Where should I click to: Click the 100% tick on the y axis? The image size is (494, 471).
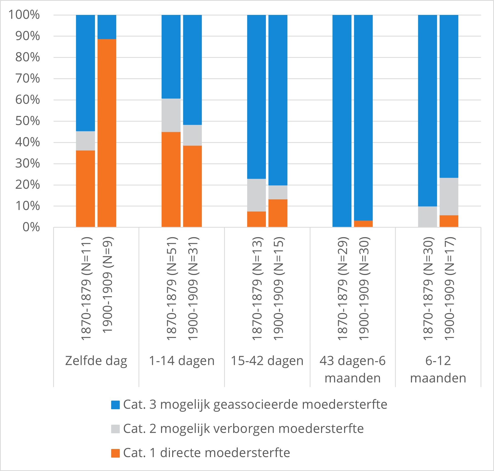pyautogui.click(x=24, y=15)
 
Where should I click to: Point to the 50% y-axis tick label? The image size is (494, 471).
pyautogui.click(x=28, y=121)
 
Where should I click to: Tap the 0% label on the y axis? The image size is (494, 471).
pyautogui.click(x=31, y=227)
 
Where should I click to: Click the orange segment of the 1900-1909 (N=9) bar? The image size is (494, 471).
pyautogui.click(x=107, y=133)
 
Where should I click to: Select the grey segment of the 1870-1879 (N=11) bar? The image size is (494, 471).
pyautogui.click(x=85, y=141)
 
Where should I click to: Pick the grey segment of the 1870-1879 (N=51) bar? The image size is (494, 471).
pyautogui.click(x=171, y=115)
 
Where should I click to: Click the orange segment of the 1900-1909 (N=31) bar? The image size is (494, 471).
pyautogui.click(x=192, y=186)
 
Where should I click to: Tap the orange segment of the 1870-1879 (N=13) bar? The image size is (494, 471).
pyautogui.click(x=256, y=219)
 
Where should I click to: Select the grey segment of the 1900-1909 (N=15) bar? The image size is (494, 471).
pyautogui.click(x=278, y=192)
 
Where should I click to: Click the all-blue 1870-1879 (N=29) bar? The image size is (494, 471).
pyautogui.click(x=342, y=121)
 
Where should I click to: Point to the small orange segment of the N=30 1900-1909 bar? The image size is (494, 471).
pyautogui.click(x=363, y=224)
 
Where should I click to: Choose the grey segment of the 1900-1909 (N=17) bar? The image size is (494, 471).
pyautogui.click(x=449, y=197)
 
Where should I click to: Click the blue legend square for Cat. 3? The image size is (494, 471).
pyautogui.click(x=115, y=405)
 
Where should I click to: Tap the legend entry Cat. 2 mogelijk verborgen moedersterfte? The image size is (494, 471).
pyautogui.click(x=243, y=429)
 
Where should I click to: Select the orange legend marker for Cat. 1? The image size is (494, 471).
pyautogui.click(x=115, y=453)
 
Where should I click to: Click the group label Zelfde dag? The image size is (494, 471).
pyautogui.click(x=96, y=361)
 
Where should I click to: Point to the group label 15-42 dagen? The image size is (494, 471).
pyautogui.click(x=267, y=361)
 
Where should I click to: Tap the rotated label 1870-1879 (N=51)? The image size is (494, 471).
pyautogui.click(x=171, y=288)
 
